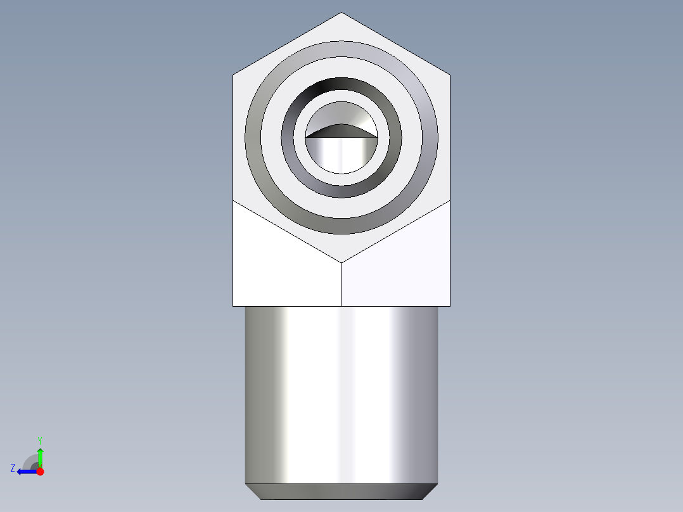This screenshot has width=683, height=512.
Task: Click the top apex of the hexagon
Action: click(x=341, y=13)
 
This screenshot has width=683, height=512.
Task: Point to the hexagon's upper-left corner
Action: click(x=233, y=75)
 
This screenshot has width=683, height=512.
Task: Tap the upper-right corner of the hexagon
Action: click(x=450, y=75)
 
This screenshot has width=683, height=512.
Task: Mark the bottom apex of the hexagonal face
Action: click(x=341, y=262)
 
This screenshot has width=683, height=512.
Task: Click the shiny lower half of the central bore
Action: click(x=341, y=155)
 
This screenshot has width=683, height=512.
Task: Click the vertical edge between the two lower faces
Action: click(x=341, y=285)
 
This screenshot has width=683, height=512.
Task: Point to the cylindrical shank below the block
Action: click(x=341, y=393)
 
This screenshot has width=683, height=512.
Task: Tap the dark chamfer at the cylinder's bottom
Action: click(x=341, y=491)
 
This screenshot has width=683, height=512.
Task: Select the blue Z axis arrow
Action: click(x=25, y=471)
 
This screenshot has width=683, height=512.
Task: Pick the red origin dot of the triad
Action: click(x=40, y=471)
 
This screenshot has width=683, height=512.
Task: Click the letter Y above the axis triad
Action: click(x=39, y=440)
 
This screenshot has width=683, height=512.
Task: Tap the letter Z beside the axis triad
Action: click(x=13, y=468)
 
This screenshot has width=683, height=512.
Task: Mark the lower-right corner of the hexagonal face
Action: click(x=450, y=200)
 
